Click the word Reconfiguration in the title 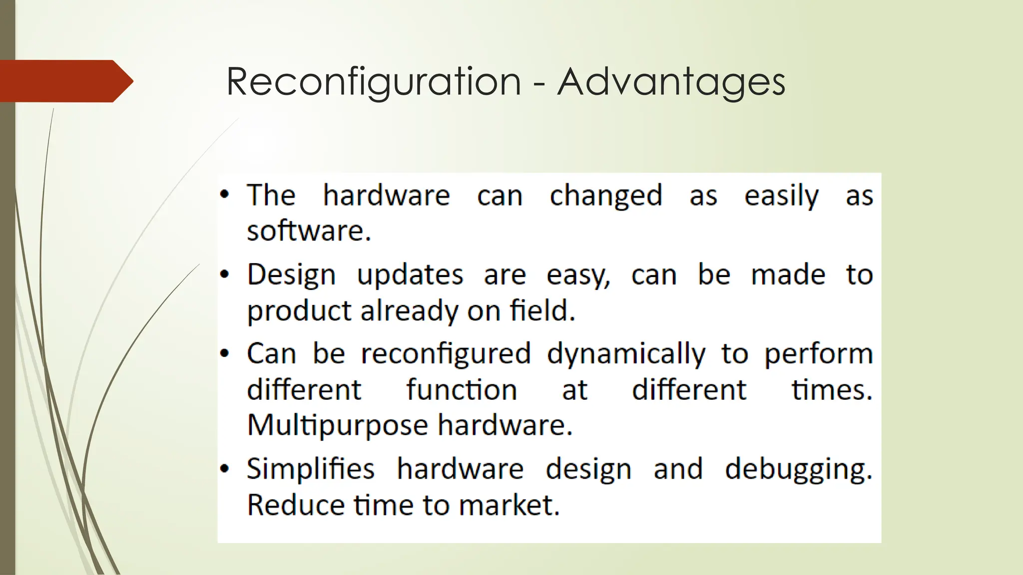374,81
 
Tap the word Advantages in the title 671,81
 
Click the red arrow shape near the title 65,81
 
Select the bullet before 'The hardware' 225,195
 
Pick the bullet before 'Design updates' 225,275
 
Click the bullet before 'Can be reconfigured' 225,353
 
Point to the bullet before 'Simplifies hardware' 225,469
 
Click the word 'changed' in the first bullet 605,195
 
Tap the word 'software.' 309,231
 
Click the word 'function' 461,389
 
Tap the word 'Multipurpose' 338,425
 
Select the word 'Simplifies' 310,469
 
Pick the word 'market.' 509,505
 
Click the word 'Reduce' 295,505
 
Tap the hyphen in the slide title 539,83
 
